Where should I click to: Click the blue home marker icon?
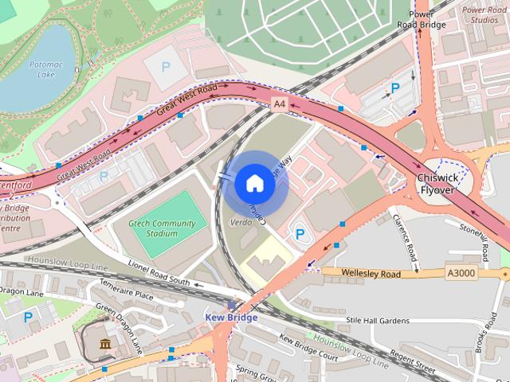coord(254,184)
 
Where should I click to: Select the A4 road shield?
coord(279,104)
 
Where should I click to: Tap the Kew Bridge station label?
coord(231,318)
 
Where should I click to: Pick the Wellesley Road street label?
coord(370,273)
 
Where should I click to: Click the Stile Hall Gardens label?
coord(377,320)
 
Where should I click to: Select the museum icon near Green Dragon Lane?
coord(105,344)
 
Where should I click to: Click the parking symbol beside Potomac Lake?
coord(166,68)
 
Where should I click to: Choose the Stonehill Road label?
coord(473,239)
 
